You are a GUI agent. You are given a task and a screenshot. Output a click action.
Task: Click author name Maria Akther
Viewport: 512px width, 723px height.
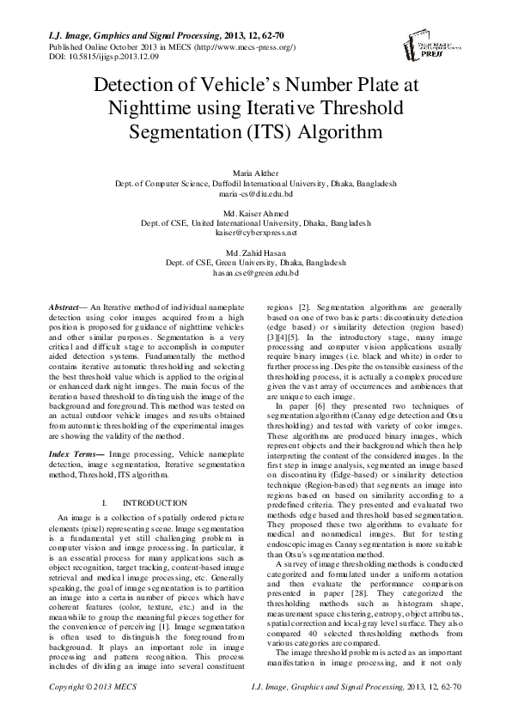click(x=256, y=174)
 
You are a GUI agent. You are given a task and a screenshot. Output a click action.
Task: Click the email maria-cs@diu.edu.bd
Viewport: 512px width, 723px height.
click(x=256, y=195)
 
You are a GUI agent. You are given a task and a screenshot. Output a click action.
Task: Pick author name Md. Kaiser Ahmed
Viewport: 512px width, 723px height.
click(x=256, y=212)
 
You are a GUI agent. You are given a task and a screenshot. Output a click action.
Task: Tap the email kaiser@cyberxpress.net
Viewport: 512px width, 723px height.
click(x=256, y=232)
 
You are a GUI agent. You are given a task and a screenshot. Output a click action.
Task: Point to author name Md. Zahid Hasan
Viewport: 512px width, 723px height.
click(x=256, y=251)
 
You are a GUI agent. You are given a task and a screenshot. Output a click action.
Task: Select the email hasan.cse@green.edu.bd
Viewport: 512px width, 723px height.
click(x=256, y=271)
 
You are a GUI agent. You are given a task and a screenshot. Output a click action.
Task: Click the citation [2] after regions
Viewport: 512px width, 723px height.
click(x=303, y=307)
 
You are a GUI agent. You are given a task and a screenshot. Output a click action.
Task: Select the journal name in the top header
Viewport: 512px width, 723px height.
click(x=121, y=35)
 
